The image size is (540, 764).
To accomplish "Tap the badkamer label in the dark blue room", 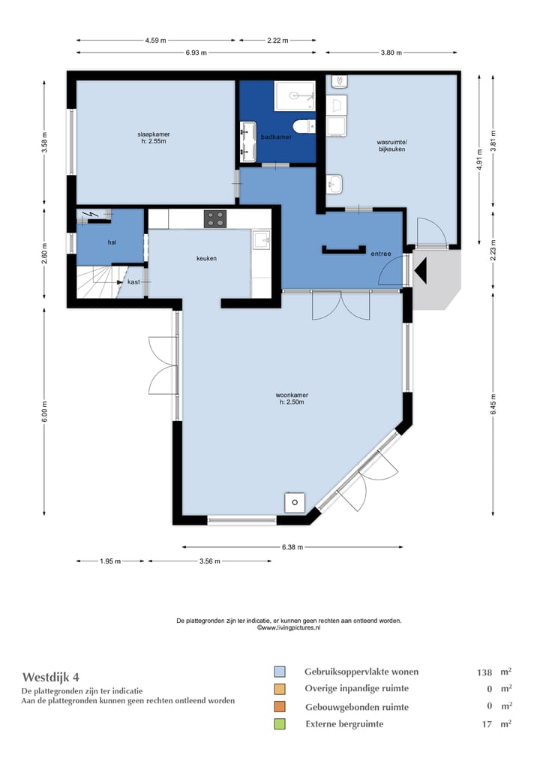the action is (x=276, y=137).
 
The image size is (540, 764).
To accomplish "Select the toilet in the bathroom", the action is (x=305, y=126).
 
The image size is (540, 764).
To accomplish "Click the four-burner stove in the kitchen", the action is (x=214, y=219).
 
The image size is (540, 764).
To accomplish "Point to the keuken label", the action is (x=206, y=258).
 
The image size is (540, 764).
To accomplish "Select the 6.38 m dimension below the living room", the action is (x=292, y=547).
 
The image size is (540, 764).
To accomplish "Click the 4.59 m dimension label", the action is (x=155, y=41).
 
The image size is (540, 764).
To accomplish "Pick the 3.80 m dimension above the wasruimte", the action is (x=391, y=53).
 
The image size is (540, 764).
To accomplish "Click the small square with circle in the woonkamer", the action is (x=295, y=502).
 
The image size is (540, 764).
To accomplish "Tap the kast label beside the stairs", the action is (x=133, y=282).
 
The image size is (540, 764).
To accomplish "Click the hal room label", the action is (x=112, y=242).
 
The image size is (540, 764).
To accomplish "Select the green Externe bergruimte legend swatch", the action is (x=280, y=723).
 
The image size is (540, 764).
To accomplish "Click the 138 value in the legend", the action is (x=484, y=672).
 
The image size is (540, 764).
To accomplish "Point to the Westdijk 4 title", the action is (x=51, y=677).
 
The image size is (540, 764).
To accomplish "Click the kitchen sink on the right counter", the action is (x=261, y=239).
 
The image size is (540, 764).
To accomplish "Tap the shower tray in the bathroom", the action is (x=295, y=96).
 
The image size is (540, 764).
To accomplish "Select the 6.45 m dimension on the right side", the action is (x=493, y=405).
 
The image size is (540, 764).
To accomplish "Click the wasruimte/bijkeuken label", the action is (x=391, y=146).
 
